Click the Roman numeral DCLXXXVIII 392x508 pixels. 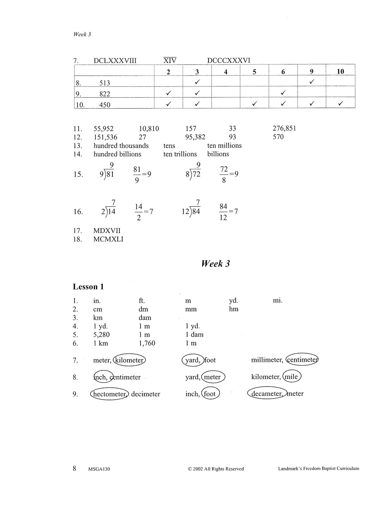point(115,61)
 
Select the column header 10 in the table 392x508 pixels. point(340,71)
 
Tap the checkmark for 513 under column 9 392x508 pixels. point(312,81)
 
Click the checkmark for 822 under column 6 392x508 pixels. point(283,93)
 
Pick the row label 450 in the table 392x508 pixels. point(105,105)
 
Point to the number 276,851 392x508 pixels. point(284,128)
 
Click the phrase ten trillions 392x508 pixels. point(180,154)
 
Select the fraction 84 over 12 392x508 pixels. point(223,212)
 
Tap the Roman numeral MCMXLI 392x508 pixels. point(108,239)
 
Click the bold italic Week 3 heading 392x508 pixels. point(215,264)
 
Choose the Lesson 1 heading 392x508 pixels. point(88,287)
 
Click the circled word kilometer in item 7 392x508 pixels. point(129,360)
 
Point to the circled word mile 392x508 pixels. point(292,377)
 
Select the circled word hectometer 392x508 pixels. point(109,394)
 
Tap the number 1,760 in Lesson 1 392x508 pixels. point(147,343)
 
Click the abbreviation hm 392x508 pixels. point(234,309)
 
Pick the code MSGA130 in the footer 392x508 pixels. point(99,469)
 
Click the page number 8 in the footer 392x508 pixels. point(75,468)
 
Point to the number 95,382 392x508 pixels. point(195,137)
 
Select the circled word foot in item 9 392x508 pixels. point(210,394)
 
